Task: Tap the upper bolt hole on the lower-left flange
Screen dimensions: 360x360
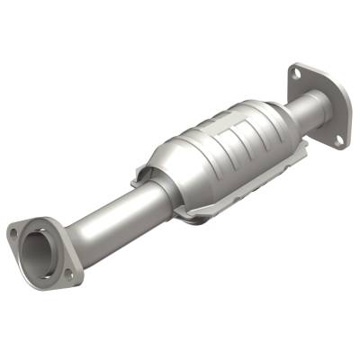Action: click(x=13, y=232)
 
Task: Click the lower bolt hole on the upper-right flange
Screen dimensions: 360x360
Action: click(x=338, y=139)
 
